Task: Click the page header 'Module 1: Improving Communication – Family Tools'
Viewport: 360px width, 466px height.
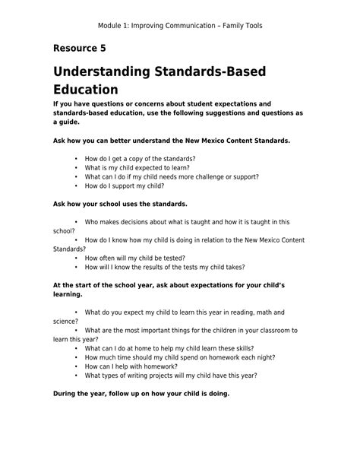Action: tap(180, 26)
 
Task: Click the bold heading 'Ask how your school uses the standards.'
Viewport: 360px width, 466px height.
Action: tap(119, 204)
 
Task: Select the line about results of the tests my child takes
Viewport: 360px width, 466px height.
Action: tap(163, 268)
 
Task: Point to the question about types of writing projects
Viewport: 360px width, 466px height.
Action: tap(171, 375)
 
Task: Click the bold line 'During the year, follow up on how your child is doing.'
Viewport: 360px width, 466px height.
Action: tap(141, 394)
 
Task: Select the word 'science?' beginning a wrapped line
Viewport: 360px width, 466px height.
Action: tap(65, 321)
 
